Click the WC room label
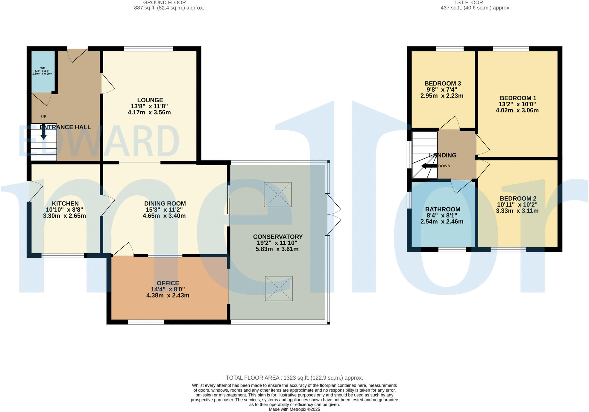point(42,68)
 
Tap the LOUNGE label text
point(150,100)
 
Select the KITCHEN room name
point(65,204)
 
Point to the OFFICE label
point(168,283)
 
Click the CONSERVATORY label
point(277,237)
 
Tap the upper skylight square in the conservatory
point(277,195)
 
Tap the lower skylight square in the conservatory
point(279,289)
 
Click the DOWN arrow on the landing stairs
point(429,166)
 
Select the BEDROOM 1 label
point(518,98)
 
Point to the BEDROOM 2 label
point(518,199)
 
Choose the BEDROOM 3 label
point(442,84)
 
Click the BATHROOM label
point(442,209)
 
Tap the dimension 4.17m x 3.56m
point(149,113)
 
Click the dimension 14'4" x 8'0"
point(168,290)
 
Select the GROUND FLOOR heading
point(164,3)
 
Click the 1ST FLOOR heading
point(468,3)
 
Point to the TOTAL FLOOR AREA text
point(294,378)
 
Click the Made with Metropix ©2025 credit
point(294,409)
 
